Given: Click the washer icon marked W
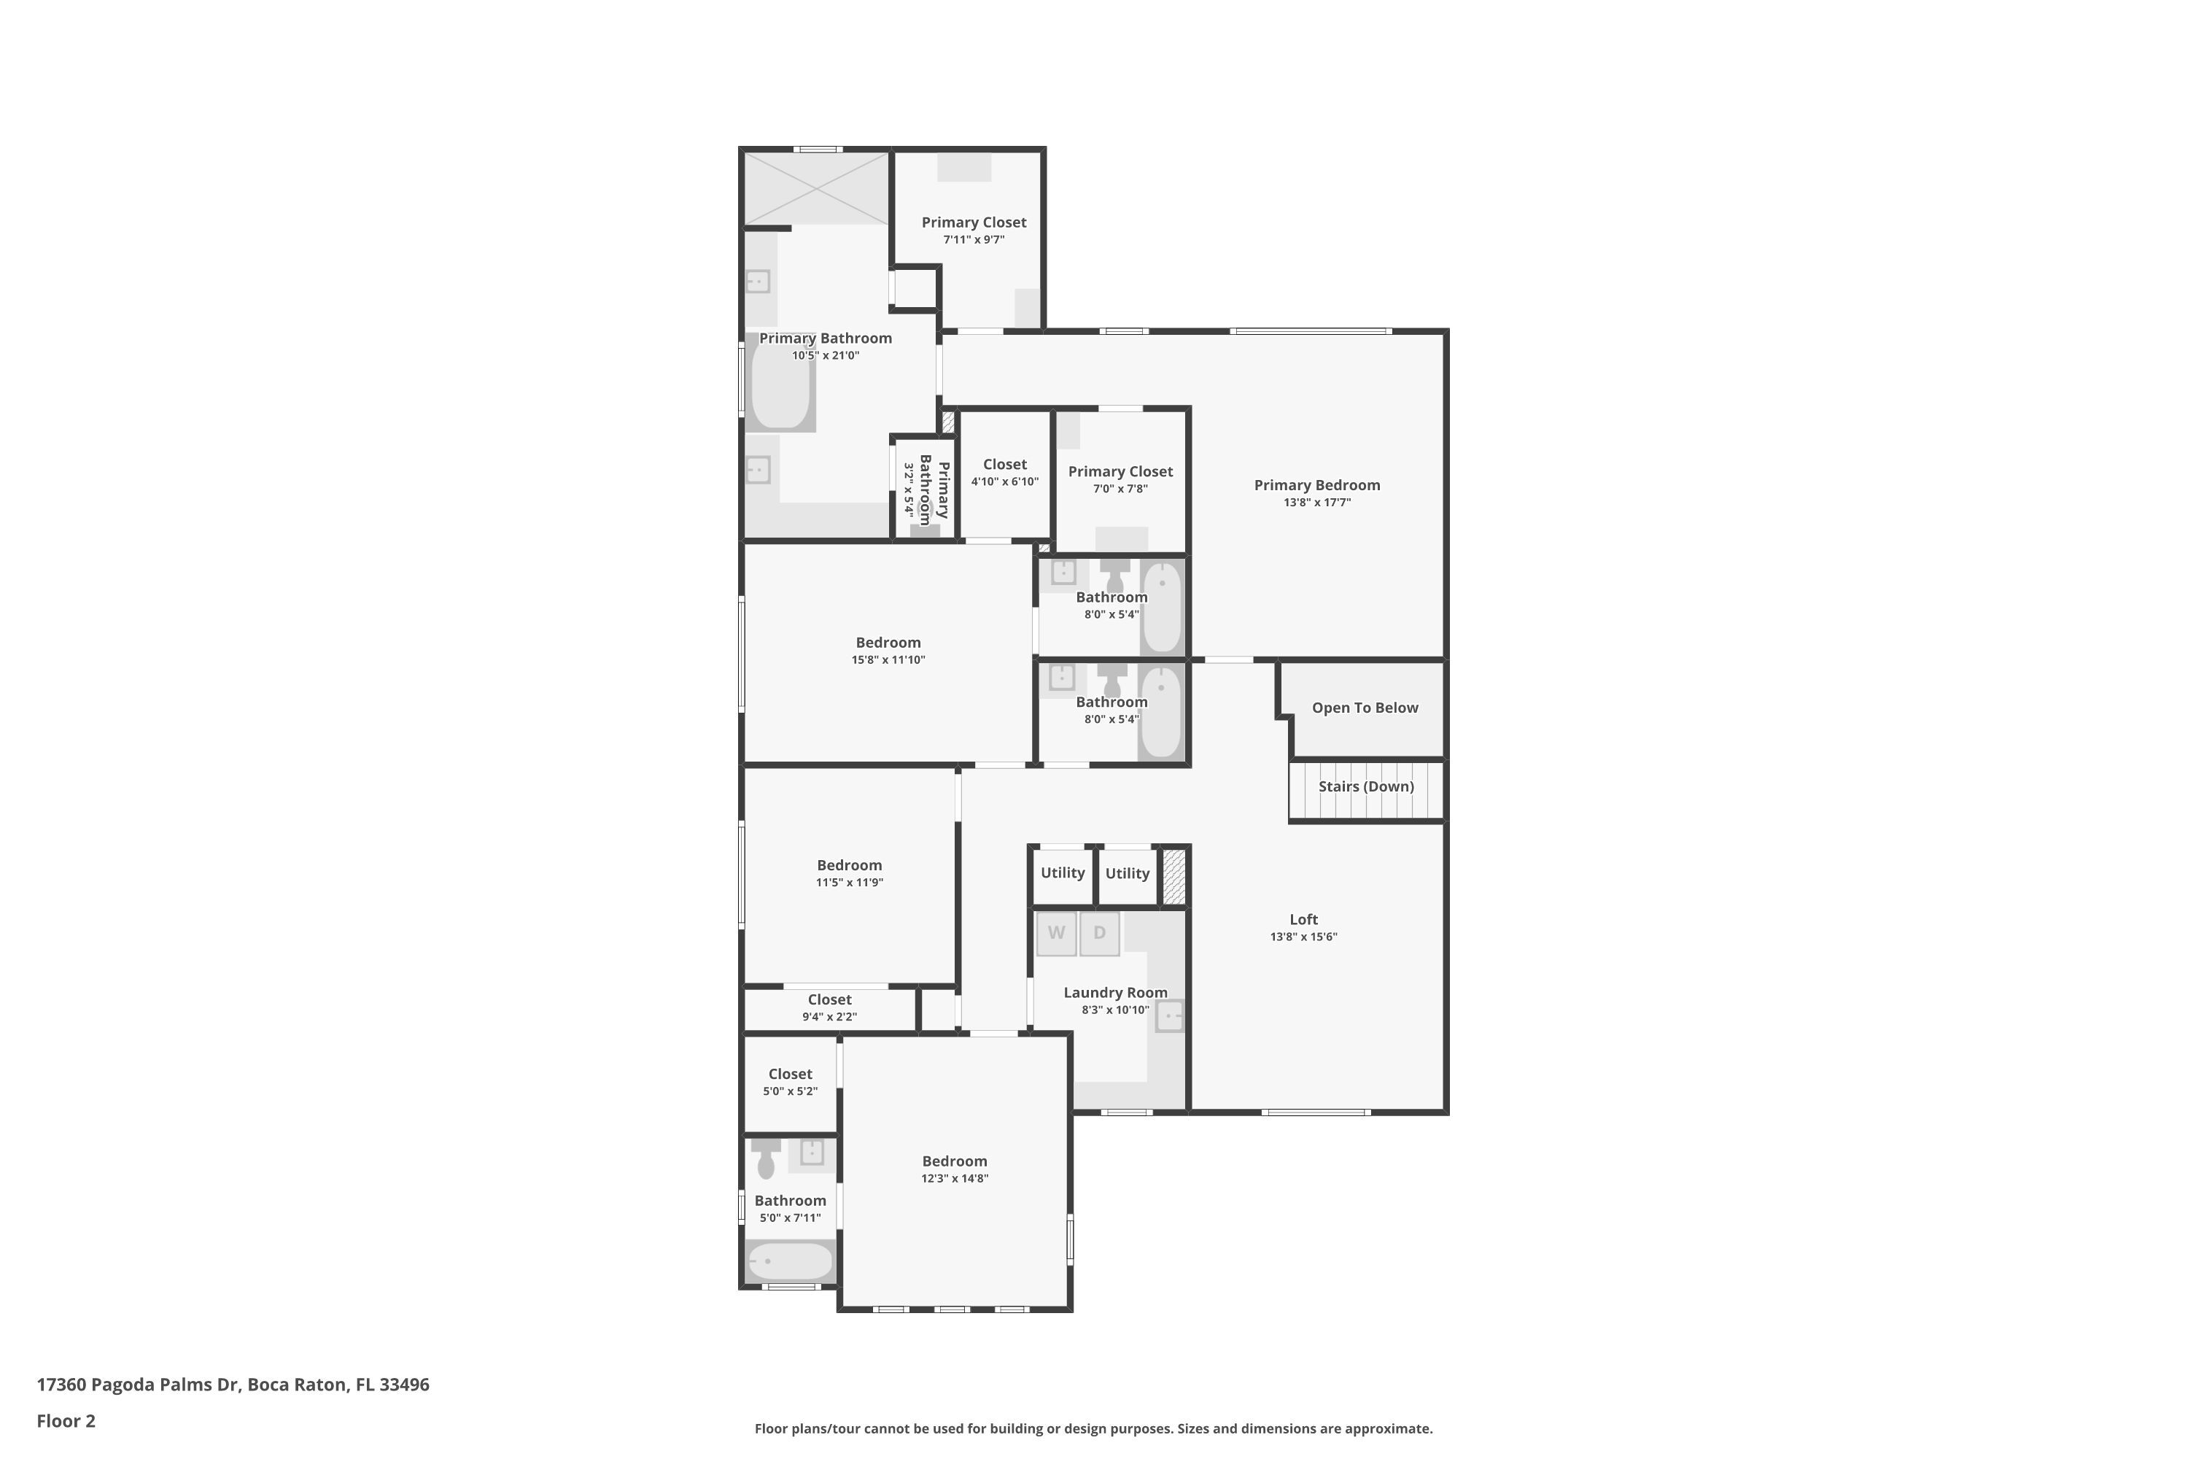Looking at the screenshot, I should [1056, 933].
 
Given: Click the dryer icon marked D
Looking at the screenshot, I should [1100, 933].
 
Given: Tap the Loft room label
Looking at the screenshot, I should [1303, 919].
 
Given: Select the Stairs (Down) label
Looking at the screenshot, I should [1365, 786].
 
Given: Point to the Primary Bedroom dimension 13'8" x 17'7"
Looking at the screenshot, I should [1316, 503].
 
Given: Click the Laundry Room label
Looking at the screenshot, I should [1114, 993].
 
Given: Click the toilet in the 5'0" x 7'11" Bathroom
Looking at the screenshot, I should [766, 1158].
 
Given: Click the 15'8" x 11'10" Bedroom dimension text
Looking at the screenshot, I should [888, 659].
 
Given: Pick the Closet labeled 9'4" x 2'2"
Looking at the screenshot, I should [829, 1007].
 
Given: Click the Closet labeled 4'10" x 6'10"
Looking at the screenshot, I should [1005, 472].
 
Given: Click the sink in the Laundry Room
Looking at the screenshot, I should [1169, 1015].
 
